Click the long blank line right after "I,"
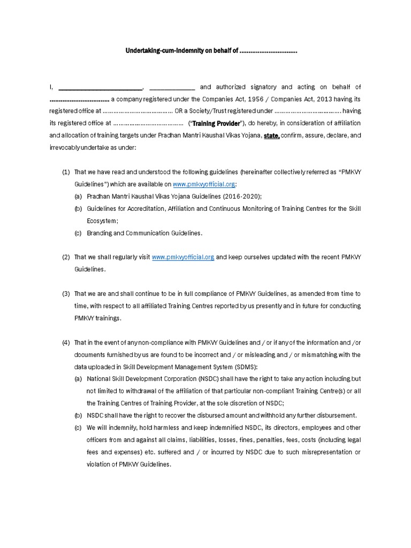click(x=100, y=87)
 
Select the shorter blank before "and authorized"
click(x=172, y=87)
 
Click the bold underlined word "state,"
click(x=271, y=136)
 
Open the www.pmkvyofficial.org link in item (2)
click(x=183, y=257)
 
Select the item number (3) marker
click(x=66, y=294)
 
